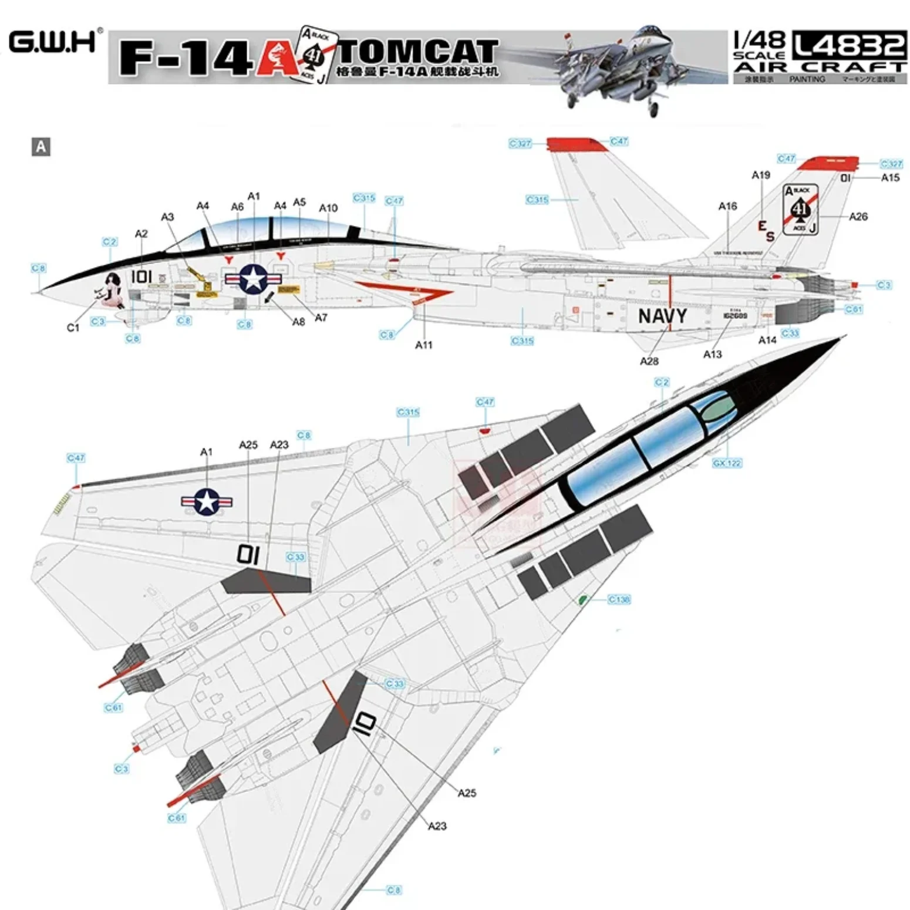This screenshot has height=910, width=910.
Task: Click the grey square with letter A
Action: [41, 146]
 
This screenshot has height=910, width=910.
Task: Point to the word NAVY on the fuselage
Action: [662, 316]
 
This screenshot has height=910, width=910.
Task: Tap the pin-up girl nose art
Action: [111, 290]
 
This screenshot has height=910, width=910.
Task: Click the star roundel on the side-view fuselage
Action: [253, 279]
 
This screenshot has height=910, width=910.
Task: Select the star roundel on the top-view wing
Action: [207, 502]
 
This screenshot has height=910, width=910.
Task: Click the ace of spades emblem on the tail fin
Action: [800, 210]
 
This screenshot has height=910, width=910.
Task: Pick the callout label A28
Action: [649, 361]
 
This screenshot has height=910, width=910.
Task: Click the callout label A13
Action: [712, 354]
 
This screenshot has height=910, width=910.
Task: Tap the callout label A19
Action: [761, 175]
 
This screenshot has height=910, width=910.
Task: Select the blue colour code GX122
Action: [727, 463]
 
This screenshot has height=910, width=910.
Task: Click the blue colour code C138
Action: [619, 599]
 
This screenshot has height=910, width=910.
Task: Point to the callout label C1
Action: [73, 328]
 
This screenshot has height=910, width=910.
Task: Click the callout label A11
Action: [423, 345]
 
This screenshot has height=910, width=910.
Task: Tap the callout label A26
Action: [858, 217]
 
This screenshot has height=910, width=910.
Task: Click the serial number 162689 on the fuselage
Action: [735, 315]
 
